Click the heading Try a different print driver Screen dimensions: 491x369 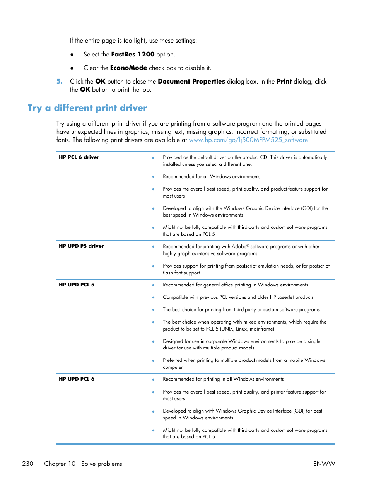[x=87, y=108]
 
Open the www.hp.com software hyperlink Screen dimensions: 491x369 [x=248, y=140]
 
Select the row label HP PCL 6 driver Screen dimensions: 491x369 [x=79, y=157]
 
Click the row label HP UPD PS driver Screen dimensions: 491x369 [x=81, y=246]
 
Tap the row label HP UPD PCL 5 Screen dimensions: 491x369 [x=77, y=285]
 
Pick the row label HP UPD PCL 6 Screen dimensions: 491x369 [x=77, y=379]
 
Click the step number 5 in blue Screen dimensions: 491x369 [x=59, y=82]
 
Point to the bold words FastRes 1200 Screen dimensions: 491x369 [x=133, y=55]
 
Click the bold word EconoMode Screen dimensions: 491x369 [x=128, y=68]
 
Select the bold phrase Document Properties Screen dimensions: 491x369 [x=191, y=82]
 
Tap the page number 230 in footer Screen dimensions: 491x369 [x=28, y=464]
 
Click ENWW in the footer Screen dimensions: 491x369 [x=324, y=464]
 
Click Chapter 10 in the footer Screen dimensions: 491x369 [x=60, y=464]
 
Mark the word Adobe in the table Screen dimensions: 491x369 [x=239, y=247]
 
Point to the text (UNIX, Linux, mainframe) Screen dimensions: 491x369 [x=247, y=329]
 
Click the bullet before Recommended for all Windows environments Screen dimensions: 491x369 [x=153, y=177]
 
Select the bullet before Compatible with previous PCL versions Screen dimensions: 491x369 [x=153, y=298]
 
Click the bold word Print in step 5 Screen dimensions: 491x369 [x=284, y=82]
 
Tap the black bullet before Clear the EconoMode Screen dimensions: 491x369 [x=72, y=68]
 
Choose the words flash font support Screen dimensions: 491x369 [x=181, y=273]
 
